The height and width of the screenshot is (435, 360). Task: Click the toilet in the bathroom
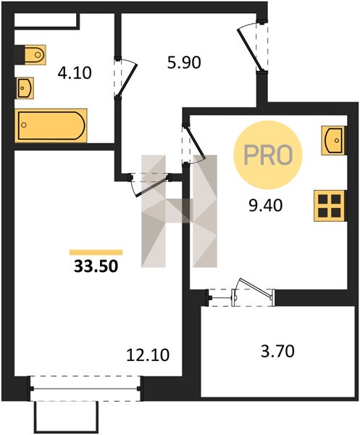[35, 54]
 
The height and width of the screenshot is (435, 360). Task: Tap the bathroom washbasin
[25, 88]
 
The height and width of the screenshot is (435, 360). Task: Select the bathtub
[51, 125]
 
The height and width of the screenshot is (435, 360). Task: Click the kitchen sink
[333, 140]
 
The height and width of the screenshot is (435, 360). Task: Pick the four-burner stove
[330, 206]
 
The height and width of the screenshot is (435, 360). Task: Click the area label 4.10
[75, 73]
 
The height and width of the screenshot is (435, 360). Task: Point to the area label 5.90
[184, 62]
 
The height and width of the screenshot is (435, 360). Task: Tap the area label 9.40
[266, 206]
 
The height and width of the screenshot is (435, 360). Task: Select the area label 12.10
[148, 355]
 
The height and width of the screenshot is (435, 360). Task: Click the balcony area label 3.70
[277, 351]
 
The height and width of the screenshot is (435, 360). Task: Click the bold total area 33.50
[96, 266]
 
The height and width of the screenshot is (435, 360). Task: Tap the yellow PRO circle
[268, 155]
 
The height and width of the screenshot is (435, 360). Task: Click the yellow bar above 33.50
[96, 252]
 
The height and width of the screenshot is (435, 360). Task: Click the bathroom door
[125, 78]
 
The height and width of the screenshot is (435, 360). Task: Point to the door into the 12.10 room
[149, 184]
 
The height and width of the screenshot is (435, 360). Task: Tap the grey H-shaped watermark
[179, 211]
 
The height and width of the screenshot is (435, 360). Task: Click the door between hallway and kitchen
[193, 144]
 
